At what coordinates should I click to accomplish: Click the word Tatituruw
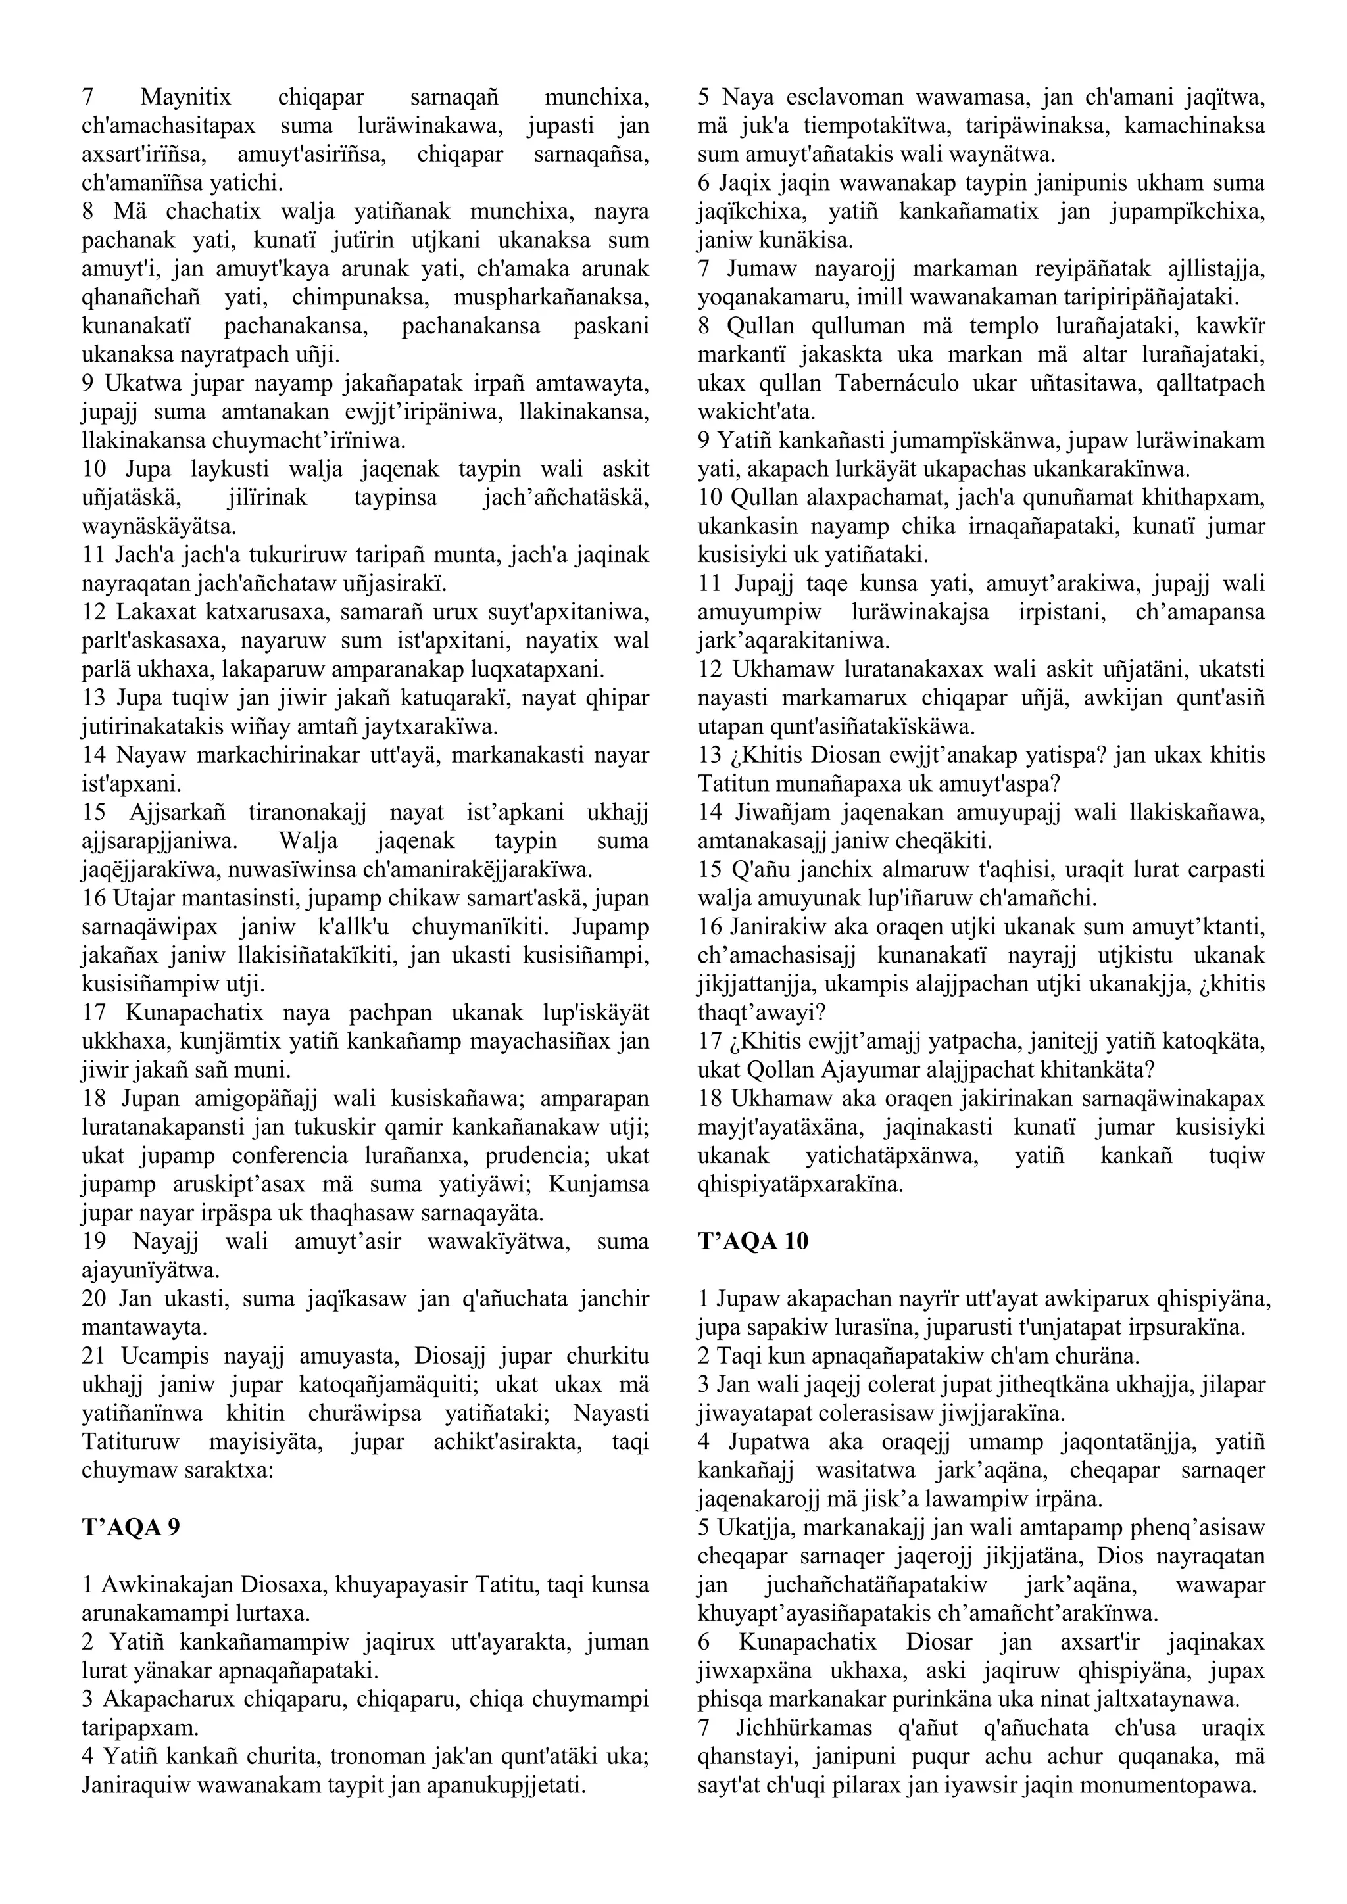tap(133, 1442)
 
